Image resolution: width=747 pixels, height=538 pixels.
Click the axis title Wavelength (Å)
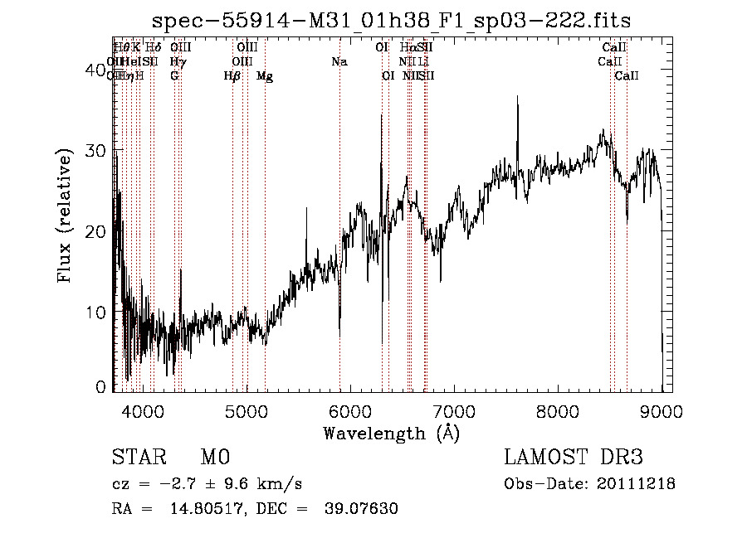click(391, 433)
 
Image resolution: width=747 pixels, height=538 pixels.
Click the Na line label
click(339, 62)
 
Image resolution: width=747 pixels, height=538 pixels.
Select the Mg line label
click(265, 76)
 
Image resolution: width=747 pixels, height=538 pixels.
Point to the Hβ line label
click(232, 76)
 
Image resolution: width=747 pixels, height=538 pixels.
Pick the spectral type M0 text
click(214, 458)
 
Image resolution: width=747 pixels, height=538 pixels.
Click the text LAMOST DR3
click(574, 458)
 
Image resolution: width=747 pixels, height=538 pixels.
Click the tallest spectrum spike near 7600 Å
click(518, 98)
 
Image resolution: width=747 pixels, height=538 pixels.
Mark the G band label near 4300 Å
click(174, 76)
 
